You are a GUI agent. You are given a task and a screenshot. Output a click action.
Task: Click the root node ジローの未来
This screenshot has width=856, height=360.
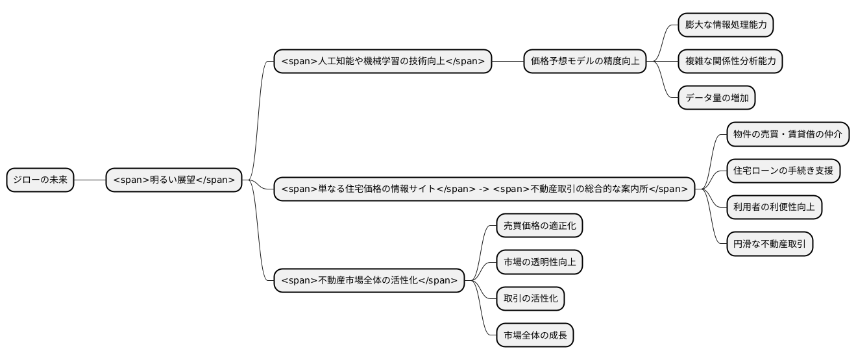(x=40, y=180)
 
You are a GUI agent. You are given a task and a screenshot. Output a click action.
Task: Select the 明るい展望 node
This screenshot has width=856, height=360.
(x=174, y=180)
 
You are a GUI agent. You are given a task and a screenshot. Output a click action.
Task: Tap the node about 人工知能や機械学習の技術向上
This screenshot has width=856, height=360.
(x=383, y=62)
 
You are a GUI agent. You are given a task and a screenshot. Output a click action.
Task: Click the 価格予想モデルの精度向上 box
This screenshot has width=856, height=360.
(x=585, y=62)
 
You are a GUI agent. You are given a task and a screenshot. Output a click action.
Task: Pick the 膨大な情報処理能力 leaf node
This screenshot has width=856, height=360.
(x=726, y=25)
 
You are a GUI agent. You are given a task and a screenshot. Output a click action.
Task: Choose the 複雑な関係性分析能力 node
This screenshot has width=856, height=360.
(x=730, y=62)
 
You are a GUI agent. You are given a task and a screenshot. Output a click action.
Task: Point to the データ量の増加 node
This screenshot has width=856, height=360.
(x=716, y=99)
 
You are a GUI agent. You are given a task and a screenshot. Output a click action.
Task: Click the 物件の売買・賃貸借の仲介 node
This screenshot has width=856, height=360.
(x=787, y=134)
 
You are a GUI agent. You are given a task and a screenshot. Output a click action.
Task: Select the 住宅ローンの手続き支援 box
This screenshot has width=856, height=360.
(x=783, y=171)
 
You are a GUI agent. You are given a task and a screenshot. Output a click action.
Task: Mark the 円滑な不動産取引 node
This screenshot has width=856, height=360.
(x=769, y=245)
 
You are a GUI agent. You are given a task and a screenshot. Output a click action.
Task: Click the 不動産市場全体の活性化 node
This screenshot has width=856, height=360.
(x=369, y=281)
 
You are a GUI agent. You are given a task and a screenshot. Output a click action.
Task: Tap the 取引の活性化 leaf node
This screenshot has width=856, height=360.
(x=530, y=299)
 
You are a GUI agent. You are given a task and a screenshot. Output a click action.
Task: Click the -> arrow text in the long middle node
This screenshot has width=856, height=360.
(x=483, y=189)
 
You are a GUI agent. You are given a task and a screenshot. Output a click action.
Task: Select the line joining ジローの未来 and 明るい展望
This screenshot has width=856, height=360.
(x=90, y=180)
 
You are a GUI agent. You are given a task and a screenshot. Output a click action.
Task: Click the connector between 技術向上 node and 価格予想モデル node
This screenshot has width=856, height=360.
(x=507, y=62)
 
